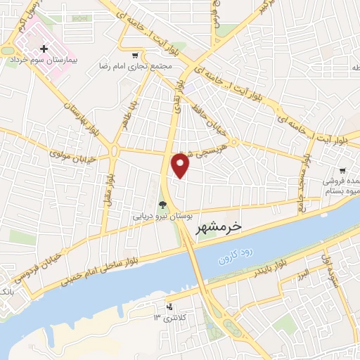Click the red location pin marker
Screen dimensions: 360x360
[181, 165]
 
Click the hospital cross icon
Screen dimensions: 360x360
[45, 49]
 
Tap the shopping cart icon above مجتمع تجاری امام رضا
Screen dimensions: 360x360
[135, 54]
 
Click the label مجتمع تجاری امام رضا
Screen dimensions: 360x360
[135, 65]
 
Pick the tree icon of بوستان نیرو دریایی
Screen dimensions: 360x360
[163, 205]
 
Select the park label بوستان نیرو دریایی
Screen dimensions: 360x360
[163, 217]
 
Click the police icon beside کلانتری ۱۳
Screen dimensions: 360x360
[169, 307]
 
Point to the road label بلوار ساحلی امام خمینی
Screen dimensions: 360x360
[105, 266]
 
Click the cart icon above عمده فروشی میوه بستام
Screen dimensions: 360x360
[342, 170]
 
